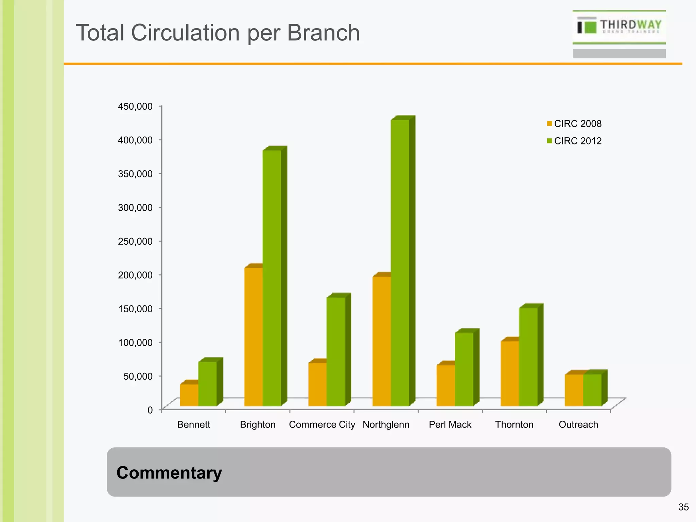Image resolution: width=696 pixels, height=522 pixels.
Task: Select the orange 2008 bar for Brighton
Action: point(253,336)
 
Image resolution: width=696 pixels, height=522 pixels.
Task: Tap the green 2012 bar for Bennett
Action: point(207,384)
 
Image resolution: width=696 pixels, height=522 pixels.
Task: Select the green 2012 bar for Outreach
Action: point(592,390)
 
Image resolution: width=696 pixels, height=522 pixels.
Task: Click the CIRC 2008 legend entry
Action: point(574,124)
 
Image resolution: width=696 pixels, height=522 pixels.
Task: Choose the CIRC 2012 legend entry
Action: point(574,141)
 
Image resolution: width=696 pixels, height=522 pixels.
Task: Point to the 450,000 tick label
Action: point(135,106)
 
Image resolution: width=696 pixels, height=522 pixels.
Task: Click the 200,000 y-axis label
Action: point(135,275)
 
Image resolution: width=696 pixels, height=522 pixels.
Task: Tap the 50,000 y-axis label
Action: point(138,376)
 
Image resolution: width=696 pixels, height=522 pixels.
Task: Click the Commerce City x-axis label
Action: point(322,424)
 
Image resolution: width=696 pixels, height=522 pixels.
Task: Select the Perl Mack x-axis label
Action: point(450,424)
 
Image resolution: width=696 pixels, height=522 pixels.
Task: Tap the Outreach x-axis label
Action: point(578,424)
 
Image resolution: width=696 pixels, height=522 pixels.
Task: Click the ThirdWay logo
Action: point(619,27)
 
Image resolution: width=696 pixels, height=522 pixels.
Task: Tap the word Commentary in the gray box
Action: point(169,472)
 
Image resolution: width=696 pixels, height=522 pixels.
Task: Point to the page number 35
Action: point(683,507)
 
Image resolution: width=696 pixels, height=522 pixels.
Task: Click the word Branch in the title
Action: point(323,33)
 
